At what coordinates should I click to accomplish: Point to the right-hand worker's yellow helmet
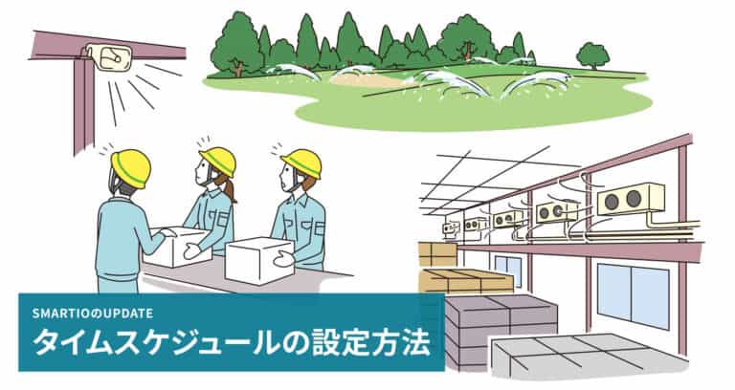(301, 162)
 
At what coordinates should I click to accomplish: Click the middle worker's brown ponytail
(230, 189)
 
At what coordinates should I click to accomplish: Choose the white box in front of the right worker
(259, 258)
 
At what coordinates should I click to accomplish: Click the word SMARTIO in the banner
(59, 313)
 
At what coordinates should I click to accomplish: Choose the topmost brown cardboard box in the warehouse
(437, 253)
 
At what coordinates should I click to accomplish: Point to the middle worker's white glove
(192, 251)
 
